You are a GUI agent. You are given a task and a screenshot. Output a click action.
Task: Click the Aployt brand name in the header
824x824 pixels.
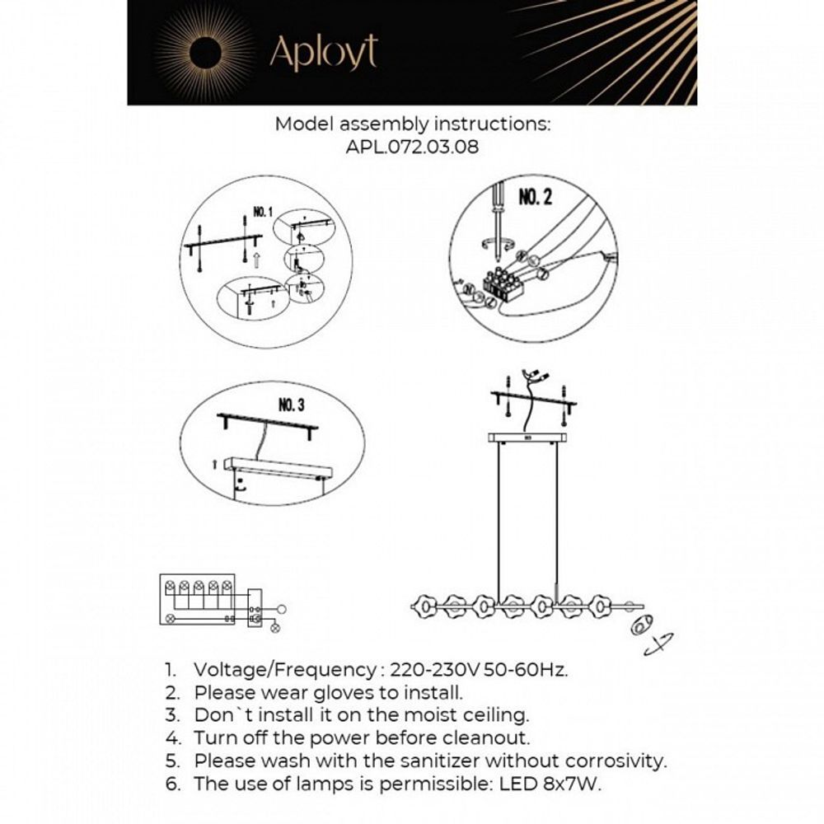click(x=323, y=53)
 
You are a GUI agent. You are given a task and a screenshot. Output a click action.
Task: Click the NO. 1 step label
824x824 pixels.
click(x=262, y=213)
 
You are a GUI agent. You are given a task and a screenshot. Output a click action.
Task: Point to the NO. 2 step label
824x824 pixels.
click(x=535, y=199)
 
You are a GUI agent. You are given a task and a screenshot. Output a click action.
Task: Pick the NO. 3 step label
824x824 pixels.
click(x=292, y=405)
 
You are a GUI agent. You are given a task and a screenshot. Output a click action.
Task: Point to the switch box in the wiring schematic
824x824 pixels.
click(x=256, y=610)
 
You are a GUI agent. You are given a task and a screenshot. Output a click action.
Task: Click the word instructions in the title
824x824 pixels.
click(x=491, y=124)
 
